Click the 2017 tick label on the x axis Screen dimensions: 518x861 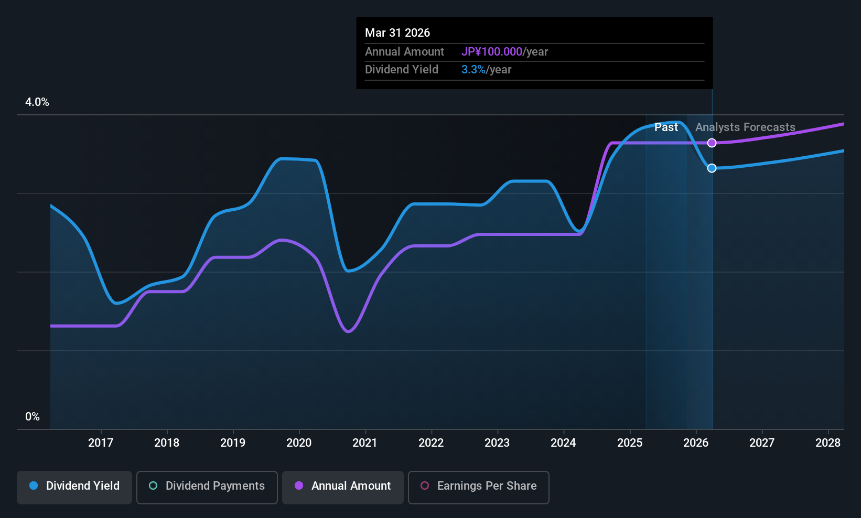[x=101, y=443]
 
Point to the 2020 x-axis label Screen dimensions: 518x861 [x=299, y=443]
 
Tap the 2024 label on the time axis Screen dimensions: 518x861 [x=563, y=443]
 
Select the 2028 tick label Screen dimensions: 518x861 [x=828, y=443]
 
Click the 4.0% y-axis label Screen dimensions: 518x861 [x=37, y=102]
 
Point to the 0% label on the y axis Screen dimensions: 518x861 [x=33, y=417]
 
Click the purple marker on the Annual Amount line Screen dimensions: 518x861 [x=712, y=143]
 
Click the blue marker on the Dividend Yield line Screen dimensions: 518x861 [x=712, y=168]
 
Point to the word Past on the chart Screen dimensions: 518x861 [x=666, y=127]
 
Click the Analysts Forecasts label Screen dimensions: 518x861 [x=745, y=127]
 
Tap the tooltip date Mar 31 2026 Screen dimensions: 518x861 [x=397, y=33]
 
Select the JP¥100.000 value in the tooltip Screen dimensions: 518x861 [x=491, y=52]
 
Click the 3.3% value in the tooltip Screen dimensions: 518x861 [x=473, y=70]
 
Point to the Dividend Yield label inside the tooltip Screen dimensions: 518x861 [x=402, y=70]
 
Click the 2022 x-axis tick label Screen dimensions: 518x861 [x=431, y=443]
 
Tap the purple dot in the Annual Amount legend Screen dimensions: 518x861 [x=299, y=485]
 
